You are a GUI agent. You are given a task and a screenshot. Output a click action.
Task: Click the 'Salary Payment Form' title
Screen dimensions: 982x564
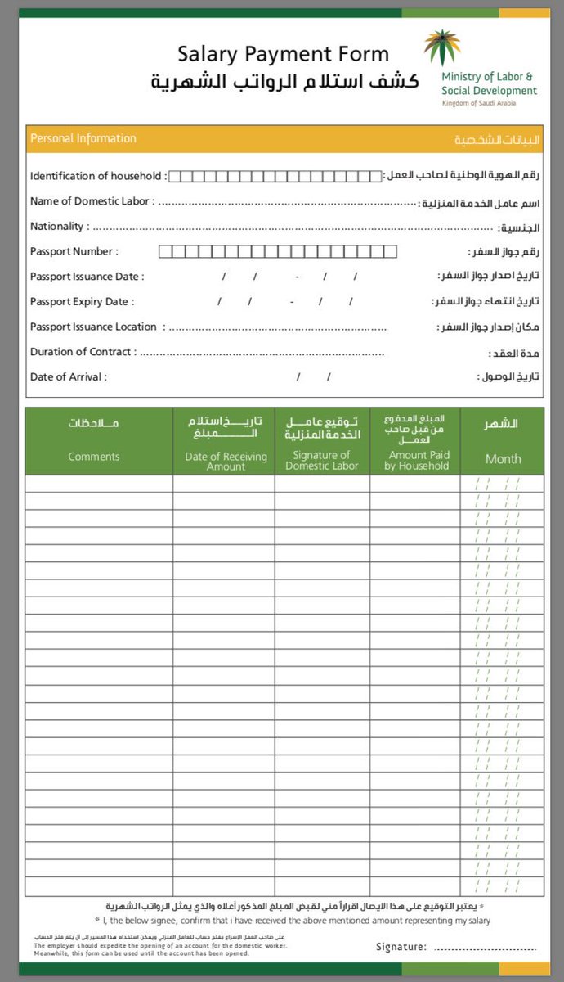(283, 55)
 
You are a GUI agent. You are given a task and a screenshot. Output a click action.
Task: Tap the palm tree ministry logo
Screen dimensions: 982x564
(442, 47)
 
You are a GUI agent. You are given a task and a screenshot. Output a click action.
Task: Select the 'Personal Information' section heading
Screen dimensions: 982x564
(83, 139)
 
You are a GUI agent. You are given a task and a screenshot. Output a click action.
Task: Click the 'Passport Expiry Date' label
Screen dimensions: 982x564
(83, 301)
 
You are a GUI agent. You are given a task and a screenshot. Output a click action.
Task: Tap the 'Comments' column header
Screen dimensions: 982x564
(94, 457)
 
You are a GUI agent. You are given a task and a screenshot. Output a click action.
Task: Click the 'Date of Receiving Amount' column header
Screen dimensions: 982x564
(226, 462)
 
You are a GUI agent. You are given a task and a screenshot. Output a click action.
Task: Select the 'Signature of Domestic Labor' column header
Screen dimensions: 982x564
(322, 461)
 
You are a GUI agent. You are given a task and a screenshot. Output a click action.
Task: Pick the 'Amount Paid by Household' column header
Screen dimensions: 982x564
(419, 461)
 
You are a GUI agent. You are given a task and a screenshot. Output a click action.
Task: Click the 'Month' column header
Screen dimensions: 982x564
(503, 459)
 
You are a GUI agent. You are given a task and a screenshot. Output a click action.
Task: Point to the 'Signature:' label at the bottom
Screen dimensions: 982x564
(401, 947)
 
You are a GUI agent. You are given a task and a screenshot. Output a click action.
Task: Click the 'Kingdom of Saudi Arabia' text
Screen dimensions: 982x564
(478, 103)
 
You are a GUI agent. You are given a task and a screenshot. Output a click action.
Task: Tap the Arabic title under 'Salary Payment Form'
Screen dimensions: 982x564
(285, 82)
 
